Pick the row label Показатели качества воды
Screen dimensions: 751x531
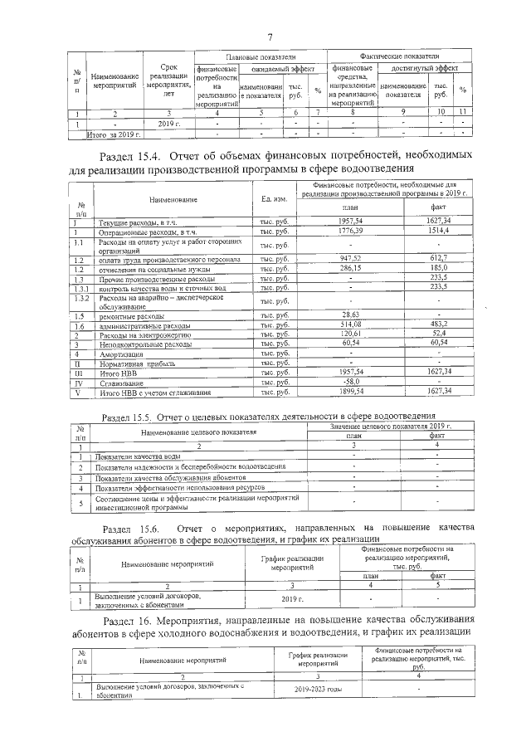coord(139,456)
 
